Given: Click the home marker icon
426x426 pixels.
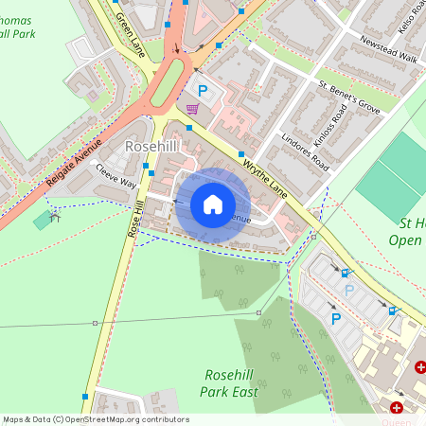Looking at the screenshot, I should tap(213, 204).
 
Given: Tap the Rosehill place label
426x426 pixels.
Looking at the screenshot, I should tap(152, 147).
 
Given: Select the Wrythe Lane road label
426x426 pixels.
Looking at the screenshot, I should tap(265, 176).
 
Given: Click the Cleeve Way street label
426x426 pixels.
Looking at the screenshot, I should tap(115, 178).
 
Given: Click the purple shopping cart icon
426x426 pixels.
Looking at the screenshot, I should tap(193, 109).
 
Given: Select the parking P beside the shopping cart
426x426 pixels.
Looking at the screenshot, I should tap(202, 91).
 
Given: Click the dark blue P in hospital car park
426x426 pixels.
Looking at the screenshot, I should tap(335, 319).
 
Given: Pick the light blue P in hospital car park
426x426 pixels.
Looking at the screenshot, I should tap(348, 292).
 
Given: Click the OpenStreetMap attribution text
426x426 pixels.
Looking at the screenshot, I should tap(95, 419).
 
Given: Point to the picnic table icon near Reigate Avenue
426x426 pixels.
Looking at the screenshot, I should tap(54, 217).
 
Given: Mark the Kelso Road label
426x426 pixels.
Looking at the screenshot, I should tap(409, 19).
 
